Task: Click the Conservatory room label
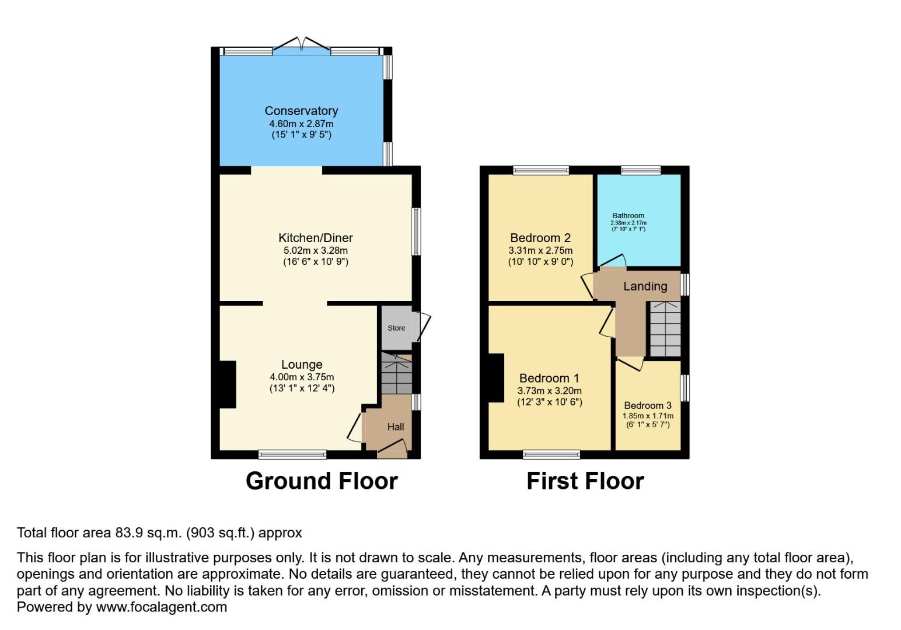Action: pos(301,111)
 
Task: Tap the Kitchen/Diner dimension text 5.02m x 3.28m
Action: pos(315,250)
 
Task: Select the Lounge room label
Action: pos(302,365)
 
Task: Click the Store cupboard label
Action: pos(396,328)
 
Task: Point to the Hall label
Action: pos(396,426)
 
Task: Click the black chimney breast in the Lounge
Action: pos(228,384)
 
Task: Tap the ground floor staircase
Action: pos(396,374)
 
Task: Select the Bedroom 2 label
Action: pos(540,238)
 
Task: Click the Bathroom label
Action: pos(628,215)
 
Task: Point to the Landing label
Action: pos(645,286)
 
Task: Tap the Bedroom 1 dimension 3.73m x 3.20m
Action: pos(549,391)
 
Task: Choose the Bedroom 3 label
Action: pos(648,405)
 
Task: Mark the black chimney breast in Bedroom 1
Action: pos(496,378)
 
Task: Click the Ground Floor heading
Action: pos(322,481)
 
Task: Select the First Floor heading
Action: pos(585,481)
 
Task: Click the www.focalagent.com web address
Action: pos(161,607)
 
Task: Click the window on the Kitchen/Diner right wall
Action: pos(416,232)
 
